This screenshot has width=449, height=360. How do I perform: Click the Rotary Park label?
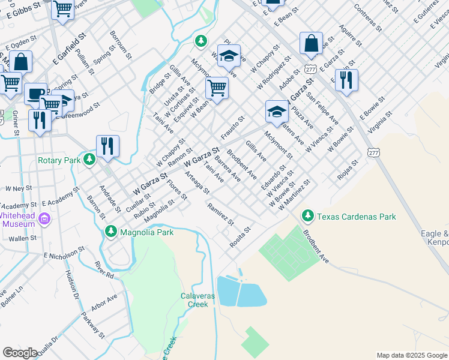pos(59,160)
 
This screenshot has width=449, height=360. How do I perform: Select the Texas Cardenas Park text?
pos(357,216)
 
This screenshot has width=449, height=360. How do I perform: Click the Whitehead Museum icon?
pos(44,220)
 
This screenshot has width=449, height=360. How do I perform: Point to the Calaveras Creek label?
pos(194,300)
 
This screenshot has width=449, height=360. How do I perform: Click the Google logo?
pos(20,353)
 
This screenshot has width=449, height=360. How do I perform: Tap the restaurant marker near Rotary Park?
pos(107,146)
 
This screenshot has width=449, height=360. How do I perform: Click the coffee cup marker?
pos(35,94)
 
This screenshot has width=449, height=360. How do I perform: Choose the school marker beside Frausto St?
pos(277,111)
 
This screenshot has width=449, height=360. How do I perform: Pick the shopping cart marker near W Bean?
pos(217,88)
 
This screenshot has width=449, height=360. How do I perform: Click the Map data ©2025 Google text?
pos(411,355)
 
